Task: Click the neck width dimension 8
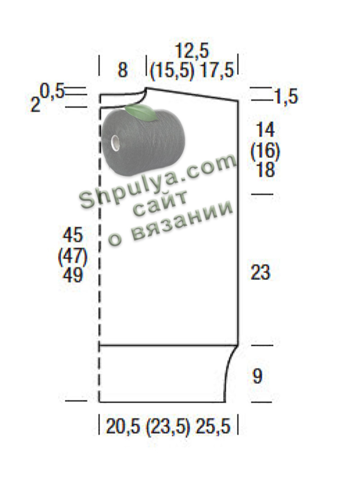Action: pos(122,70)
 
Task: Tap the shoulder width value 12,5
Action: pos(192,51)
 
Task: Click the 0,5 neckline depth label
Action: pos(52,91)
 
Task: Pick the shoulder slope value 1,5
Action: pos(286,96)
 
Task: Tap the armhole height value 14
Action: pos(265,129)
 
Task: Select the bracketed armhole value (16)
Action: pos(265,151)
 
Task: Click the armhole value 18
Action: pos(265,170)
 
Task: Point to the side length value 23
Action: pos(260,272)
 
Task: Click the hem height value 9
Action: pos(257,376)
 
